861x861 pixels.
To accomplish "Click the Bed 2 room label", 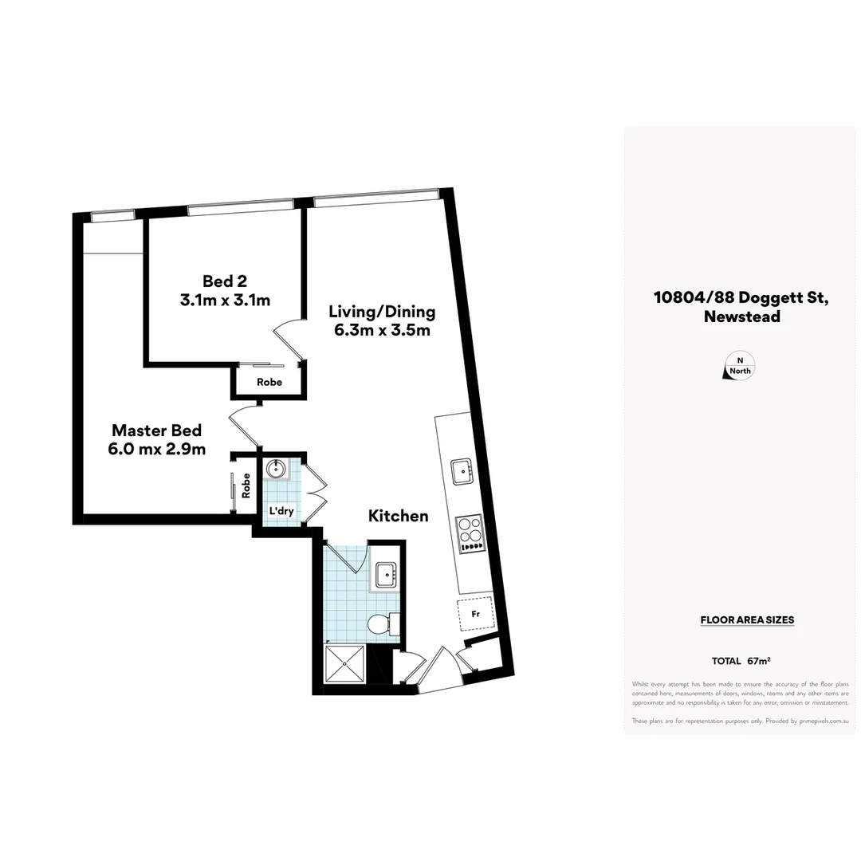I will pyautogui.click(x=218, y=281).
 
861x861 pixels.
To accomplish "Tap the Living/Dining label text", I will pyautogui.click(x=383, y=311).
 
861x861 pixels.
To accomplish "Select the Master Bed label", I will pyautogui.click(x=156, y=430).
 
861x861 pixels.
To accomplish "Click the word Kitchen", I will pyautogui.click(x=398, y=517).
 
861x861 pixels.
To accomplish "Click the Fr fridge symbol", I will pyautogui.click(x=475, y=615).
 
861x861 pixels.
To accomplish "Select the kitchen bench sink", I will pyautogui.click(x=462, y=471).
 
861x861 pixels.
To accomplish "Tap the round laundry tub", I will pyautogui.click(x=276, y=468).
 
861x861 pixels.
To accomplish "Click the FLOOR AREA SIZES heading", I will pyautogui.click(x=747, y=619).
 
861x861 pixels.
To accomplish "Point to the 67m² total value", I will pyautogui.click(x=759, y=661).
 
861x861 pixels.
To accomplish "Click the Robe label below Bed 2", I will pyautogui.click(x=269, y=383).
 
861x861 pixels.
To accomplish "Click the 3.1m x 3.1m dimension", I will pyautogui.click(x=226, y=301).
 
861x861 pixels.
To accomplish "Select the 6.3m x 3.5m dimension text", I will pyautogui.click(x=383, y=330).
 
